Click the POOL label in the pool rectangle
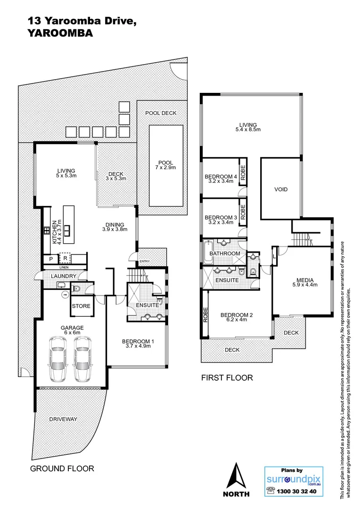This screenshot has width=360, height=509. [x=166, y=161]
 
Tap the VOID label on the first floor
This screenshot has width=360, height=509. [x=281, y=189]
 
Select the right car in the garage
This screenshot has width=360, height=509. [x=83, y=359]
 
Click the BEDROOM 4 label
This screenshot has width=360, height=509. [x=219, y=177]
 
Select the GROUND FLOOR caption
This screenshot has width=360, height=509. [x=62, y=468]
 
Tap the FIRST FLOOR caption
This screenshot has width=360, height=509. [x=227, y=378]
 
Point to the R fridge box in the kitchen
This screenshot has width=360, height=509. [x=64, y=258]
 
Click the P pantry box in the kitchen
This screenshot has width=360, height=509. [x=49, y=259]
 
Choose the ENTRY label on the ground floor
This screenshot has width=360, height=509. [x=143, y=262]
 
